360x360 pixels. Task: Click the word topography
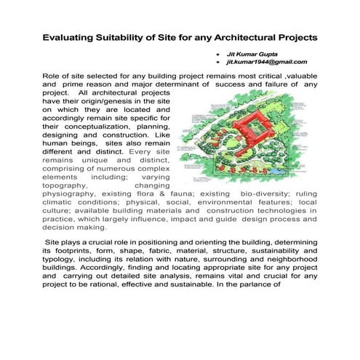(70, 185)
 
